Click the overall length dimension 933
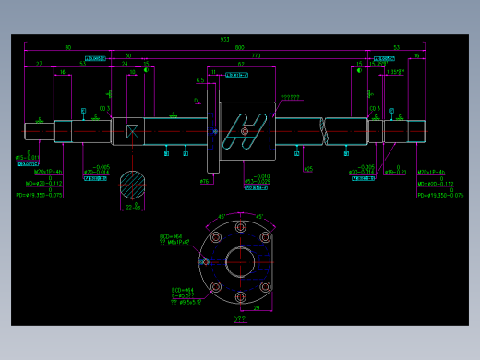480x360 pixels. pyautogui.click(x=224, y=39)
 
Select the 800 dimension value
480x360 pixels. pyautogui.click(x=239, y=47)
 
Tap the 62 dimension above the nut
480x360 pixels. pyautogui.click(x=241, y=65)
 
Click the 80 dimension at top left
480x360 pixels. pyautogui.click(x=67, y=47)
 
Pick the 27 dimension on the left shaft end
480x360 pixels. pyautogui.click(x=39, y=65)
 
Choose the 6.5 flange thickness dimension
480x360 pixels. pyautogui.click(x=199, y=80)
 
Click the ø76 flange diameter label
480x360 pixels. pyautogui.click(x=205, y=182)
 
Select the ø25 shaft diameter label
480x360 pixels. pyautogui.click(x=308, y=169)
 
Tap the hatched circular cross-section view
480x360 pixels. pyautogui.click(x=133, y=185)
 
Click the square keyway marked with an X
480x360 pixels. pyautogui.click(x=132, y=131)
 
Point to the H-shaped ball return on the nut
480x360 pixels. pyautogui.click(x=246, y=130)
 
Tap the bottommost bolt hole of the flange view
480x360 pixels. pyautogui.click(x=240, y=297)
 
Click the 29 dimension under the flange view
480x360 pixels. pyautogui.click(x=257, y=308)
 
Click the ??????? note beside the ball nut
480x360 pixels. pyautogui.click(x=290, y=97)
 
